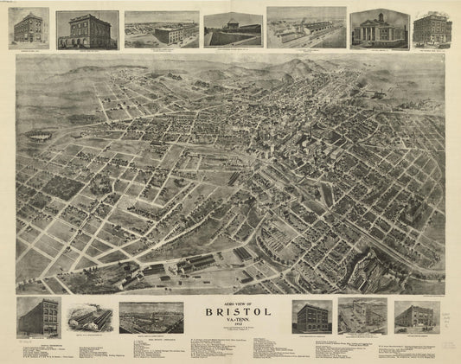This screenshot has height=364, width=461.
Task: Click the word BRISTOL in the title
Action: click(233, 313)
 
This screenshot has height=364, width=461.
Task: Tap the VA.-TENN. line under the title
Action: click(233, 323)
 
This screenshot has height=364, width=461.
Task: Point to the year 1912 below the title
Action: click(233, 329)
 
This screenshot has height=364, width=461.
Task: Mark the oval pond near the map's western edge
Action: click(38, 135)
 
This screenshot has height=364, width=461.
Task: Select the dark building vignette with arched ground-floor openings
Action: click(87, 29)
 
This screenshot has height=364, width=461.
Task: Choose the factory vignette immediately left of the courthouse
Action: click(306, 27)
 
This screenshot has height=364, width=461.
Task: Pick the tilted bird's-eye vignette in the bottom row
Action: click(362, 316)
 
